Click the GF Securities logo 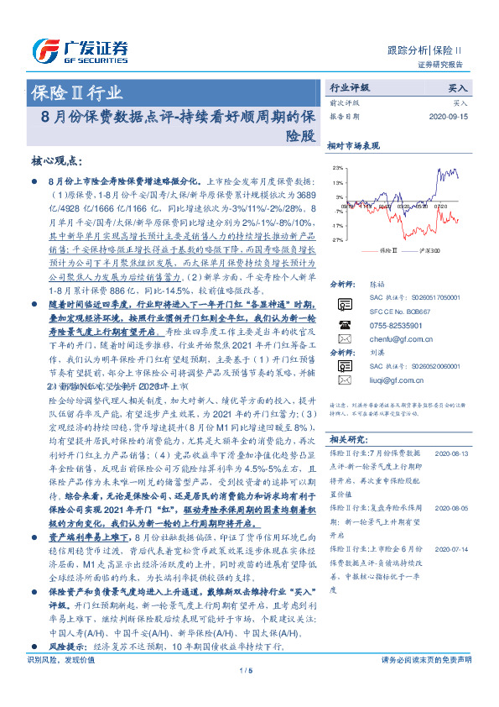[x=80, y=49]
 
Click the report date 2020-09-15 [x=450, y=117]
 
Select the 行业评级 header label [x=349, y=87]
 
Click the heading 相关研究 [x=346, y=440]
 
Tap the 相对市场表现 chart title [x=353, y=145]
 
